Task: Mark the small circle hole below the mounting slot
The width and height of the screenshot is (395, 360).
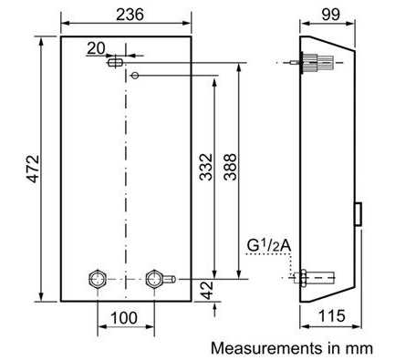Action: [x=135, y=75]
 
